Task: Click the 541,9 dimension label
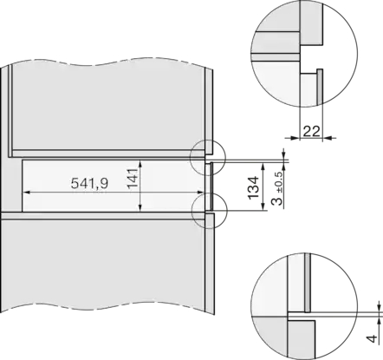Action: pos(89,183)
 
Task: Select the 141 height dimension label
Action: pos(133,179)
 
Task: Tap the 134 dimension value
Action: pos(253,187)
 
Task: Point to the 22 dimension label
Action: pos(311,132)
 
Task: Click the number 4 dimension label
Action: pos(373,338)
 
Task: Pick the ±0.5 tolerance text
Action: pos(279,183)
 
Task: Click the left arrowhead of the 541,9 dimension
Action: pos(26,192)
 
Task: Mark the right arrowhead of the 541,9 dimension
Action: pos(200,192)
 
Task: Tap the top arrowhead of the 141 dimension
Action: pos(140,164)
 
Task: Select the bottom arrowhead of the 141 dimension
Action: pos(140,207)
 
